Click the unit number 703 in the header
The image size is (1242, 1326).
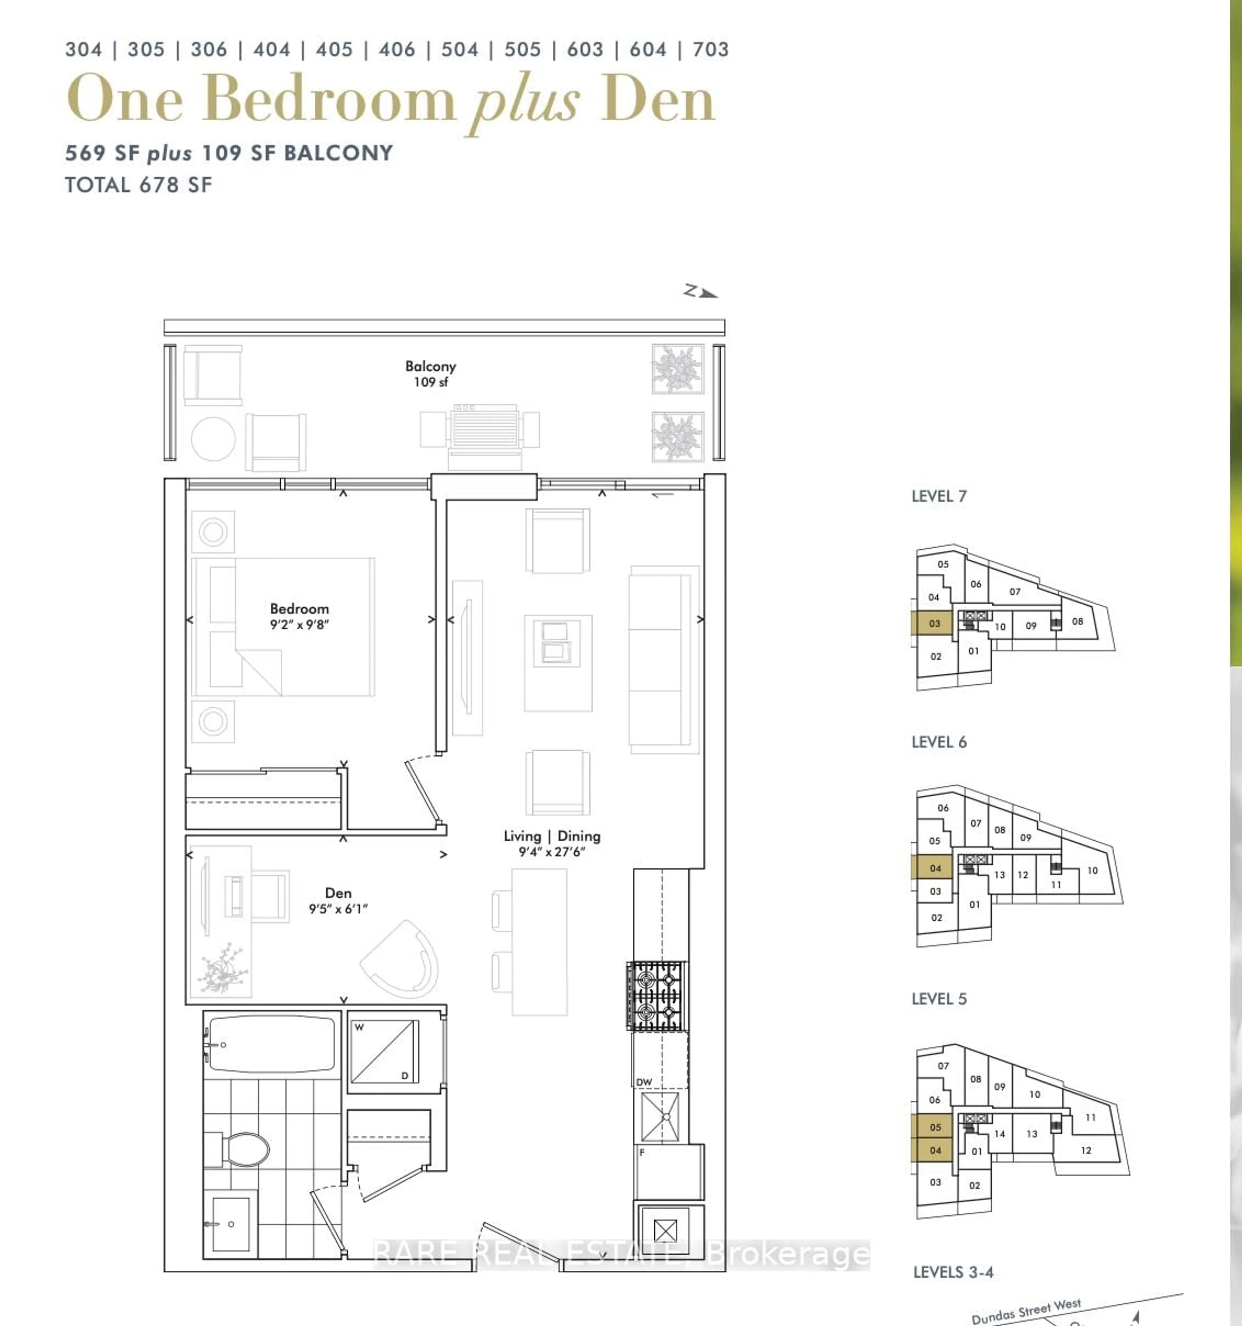pyautogui.click(x=711, y=50)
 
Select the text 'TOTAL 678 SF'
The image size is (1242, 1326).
pyautogui.click(x=139, y=185)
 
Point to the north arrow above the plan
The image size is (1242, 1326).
pyautogui.click(x=700, y=292)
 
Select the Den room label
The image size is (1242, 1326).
pyautogui.click(x=338, y=892)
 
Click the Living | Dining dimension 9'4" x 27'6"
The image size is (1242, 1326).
pyautogui.click(x=551, y=852)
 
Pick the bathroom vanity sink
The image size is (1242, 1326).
pyautogui.click(x=230, y=1224)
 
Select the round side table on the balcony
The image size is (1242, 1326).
pyautogui.click(x=213, y=439)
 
